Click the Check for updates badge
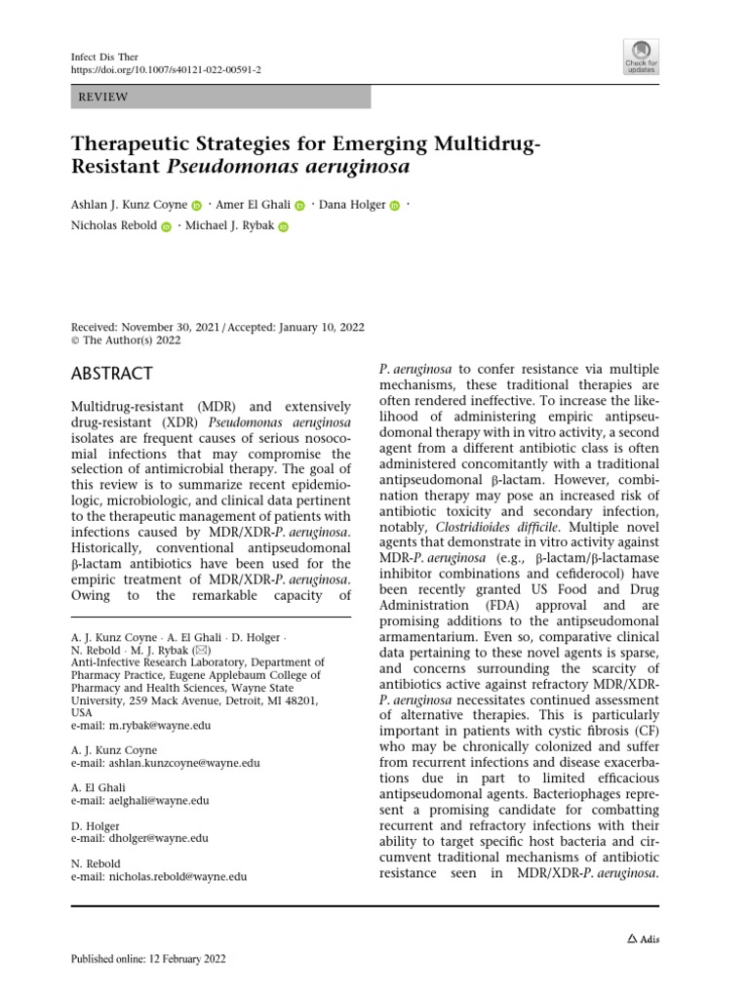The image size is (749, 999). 641,57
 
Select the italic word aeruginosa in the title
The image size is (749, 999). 355,167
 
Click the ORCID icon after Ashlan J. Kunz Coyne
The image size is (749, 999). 196,206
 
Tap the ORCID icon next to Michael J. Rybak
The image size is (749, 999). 284,227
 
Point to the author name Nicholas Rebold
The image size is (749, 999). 112,226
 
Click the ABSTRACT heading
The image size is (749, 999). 112,374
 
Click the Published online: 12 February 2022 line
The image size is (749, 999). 149,959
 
